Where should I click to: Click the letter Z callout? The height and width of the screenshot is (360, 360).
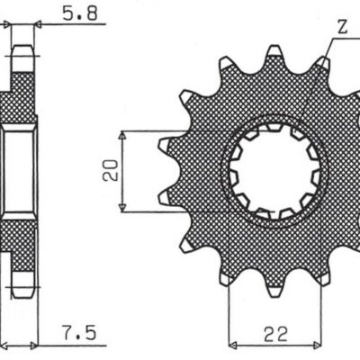pos(341,28)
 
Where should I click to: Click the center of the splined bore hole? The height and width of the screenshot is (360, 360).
pos(273,171)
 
